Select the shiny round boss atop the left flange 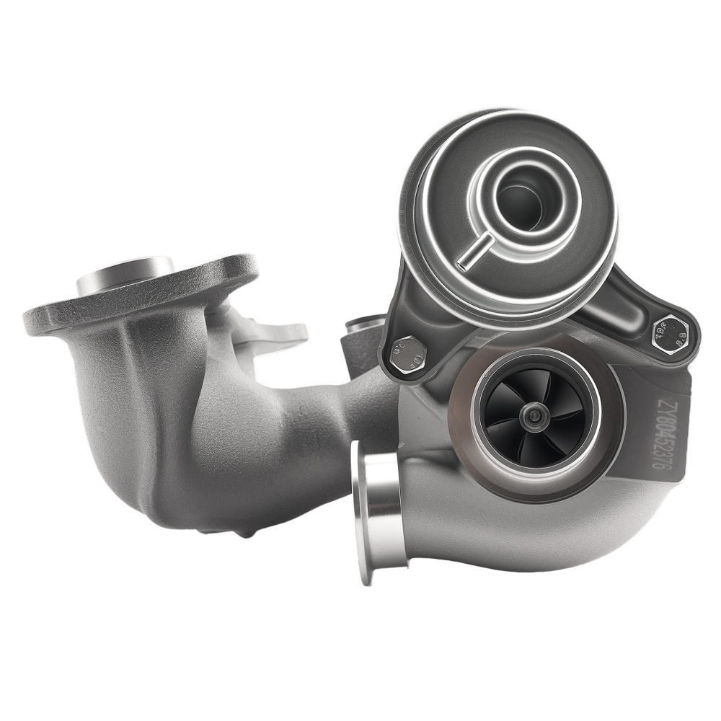point(124,274)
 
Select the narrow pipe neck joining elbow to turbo point(360,411)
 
